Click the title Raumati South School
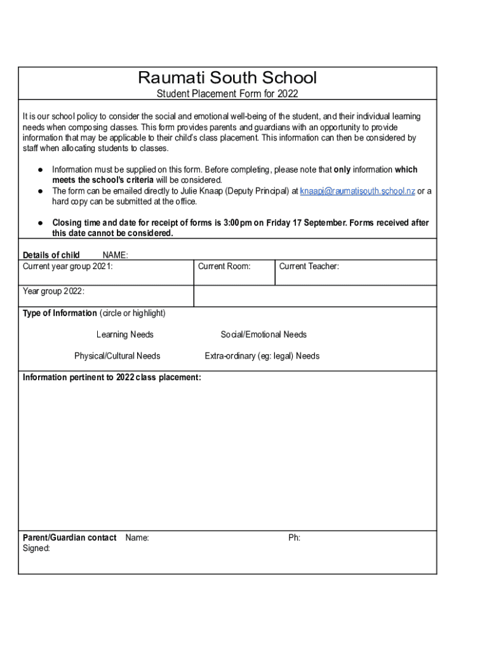click(x=227, y=78)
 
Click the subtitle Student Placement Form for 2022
click(x=227, y=94)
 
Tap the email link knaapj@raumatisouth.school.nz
click(x=358, y=191)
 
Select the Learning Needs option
click(x=124, y=335)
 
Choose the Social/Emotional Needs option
click(x=264, y=335)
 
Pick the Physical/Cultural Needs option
click(x=117, y=356)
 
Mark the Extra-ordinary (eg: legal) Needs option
click(x=262, y=356)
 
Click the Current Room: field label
click(x=224, y=267)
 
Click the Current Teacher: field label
click(x=309, y=267)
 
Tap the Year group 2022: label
click(x=53, y=292)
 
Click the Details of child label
click(x=51, y=255)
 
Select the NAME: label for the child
click(x=115, y=255)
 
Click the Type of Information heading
click(x=60, y=314)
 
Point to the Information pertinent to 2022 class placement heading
click(x=112, y=378)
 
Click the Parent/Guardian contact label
click(x=69, y=538)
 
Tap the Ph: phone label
click(x=294, y=538)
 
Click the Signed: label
click(x=36, y=548)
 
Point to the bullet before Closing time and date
click(x=39, y=223)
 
